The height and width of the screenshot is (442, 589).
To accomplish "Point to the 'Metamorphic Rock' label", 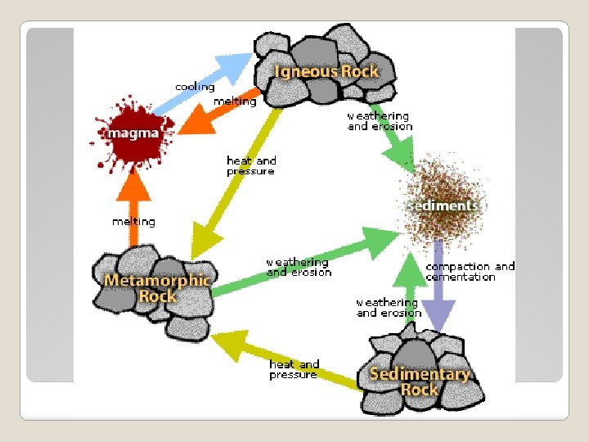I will (x=157, y=287).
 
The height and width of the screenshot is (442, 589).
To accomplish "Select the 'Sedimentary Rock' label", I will (x=420, y=381).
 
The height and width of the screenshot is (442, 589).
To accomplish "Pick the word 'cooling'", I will (x=195, y=87).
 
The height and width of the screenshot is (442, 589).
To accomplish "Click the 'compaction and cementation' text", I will (x=470, y=272).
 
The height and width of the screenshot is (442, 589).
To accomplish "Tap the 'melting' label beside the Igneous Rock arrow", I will (x=235, y=101).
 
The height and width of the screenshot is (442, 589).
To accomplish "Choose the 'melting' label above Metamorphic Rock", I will (x=133, y=222).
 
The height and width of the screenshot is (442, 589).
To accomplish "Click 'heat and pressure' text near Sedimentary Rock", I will (x=294, y=369).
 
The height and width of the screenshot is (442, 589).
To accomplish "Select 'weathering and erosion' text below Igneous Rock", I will (x=380, y=121).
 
